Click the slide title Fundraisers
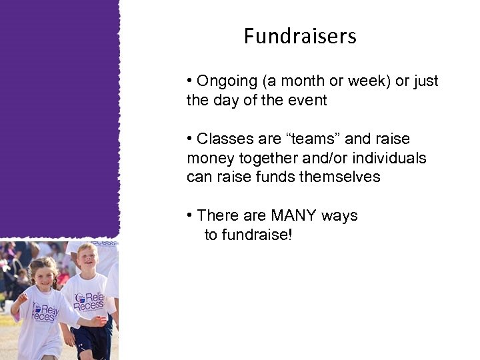click(x=300, y=35)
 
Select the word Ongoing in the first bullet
click(x=227, y=81)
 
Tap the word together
click(x=265, y=159)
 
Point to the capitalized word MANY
click(x=294, y=216)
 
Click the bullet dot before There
click(x=190, y=216)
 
